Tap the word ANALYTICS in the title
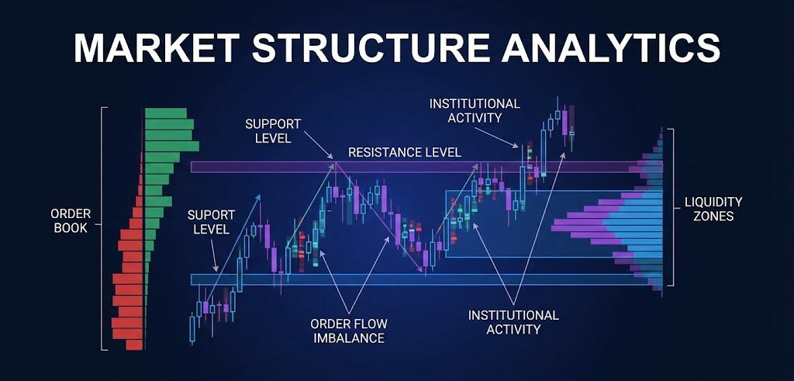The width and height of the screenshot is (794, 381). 611,48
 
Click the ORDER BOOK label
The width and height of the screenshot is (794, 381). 71,220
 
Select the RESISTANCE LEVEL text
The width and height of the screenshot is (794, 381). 404,152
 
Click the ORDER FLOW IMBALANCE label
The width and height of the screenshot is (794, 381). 349,331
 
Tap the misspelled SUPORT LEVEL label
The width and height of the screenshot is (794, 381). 208,221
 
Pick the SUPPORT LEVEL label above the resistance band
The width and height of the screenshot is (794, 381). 273,130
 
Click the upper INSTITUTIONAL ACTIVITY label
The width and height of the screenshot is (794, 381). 475,110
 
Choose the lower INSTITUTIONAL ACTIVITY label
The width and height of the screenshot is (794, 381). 513,322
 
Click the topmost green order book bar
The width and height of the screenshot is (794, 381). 166,113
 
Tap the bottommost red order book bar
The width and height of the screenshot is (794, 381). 134,345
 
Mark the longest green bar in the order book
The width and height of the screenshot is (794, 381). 172,147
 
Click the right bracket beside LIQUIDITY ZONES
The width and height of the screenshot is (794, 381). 671,206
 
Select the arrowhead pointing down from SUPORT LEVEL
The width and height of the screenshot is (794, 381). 216,268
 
